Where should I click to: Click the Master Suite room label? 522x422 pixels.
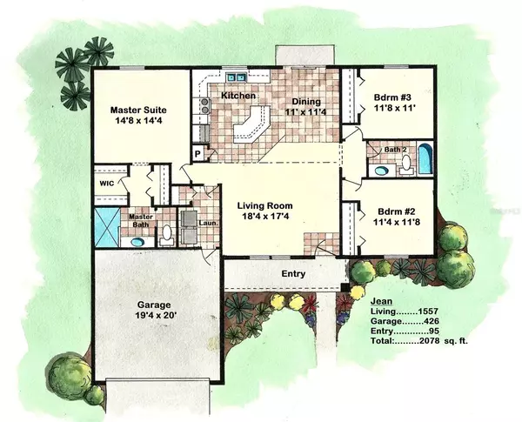tap(139, 111)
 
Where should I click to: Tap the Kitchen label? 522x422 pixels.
tap(237, 95)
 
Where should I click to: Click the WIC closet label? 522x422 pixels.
tap(106, 184)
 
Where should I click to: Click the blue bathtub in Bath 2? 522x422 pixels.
tap(424, 161)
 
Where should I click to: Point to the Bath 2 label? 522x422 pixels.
tap(396, 150)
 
